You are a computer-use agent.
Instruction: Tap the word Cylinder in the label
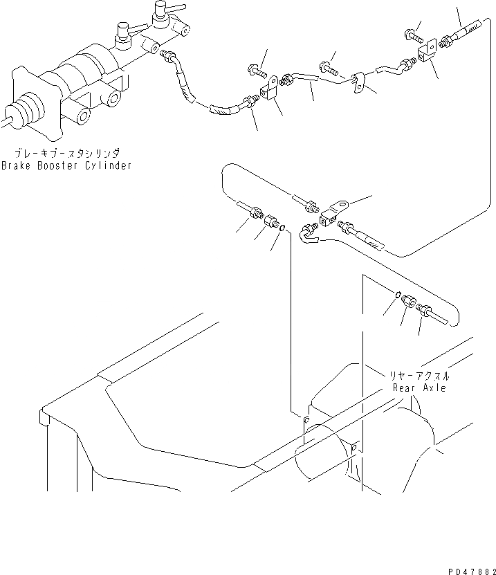(107, 166)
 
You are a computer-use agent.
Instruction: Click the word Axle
(434, 387)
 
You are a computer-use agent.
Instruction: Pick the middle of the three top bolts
(328, 67)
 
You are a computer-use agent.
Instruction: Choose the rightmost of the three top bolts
(408, 33)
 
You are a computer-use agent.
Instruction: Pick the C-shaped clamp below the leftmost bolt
(270, 87)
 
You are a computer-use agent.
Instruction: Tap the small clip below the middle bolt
(358, 82)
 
